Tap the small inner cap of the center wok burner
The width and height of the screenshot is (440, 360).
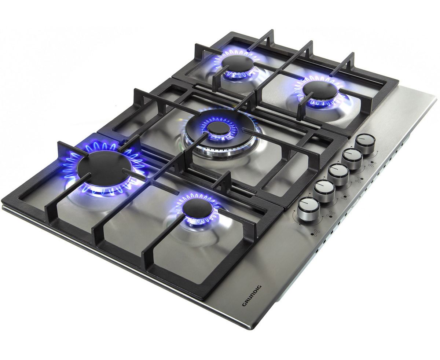pyautogui.click(x=219, y=128)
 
